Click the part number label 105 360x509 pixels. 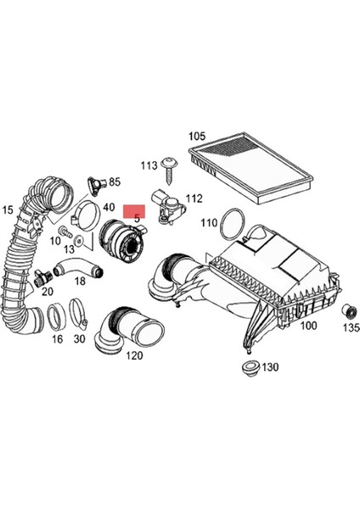coord(197,136)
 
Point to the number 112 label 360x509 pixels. coord(194,199)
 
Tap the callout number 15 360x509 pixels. coord(8,210)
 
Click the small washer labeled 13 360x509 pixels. coord(79,242)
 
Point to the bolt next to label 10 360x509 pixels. coord(64,231)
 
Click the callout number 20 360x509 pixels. coord(48,291)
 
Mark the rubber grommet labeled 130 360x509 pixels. coord(249,367)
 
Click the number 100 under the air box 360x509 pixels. coord(308,326)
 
